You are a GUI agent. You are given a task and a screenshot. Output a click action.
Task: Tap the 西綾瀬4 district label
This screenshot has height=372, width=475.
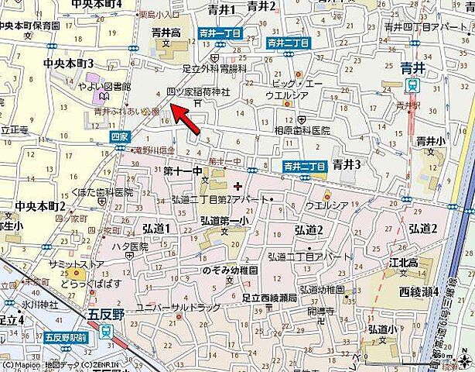(419, 291)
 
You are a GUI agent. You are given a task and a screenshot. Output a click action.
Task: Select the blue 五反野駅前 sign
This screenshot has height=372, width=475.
(66, 336)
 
